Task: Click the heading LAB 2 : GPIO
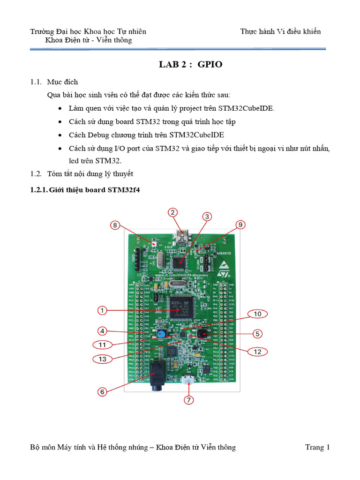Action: [x=190, y=65]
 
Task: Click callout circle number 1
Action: [x=103, y=310]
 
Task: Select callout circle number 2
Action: [x=173, y=212]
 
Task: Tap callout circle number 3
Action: [x=207, y=216]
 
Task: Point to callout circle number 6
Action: [x=103, y=391]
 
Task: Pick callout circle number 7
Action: [x=188, y=400]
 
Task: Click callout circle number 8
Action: [x=115, y=225]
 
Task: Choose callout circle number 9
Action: [x=240, y=225]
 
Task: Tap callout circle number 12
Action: [x=256, y=351]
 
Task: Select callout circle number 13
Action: [x=103, y=359]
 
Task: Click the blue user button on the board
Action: [x=161, y=334]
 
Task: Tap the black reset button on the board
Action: [x=202, y=334]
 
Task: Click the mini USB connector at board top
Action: [x=181, y=235]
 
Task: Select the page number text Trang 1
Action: [x=317, y=447]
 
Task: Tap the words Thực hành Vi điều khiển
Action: [x=280, y=31]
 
